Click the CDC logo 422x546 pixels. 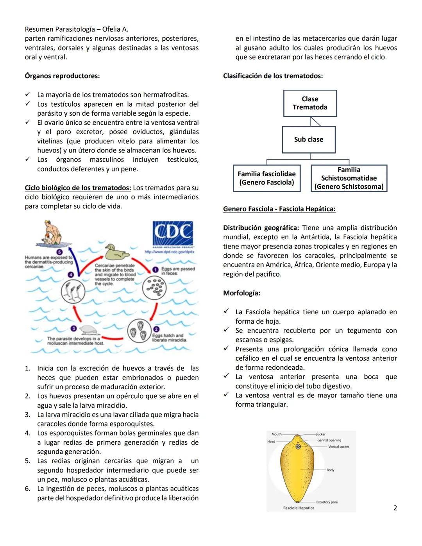coord(172,234)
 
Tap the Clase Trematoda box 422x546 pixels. coord(310,103)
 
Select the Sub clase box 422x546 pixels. coord(309,140)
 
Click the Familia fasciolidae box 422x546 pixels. coord(266,178)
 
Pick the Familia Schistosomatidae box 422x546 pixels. coord(349,178)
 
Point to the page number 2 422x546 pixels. coord(395,508)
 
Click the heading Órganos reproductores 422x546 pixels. coord(62,76)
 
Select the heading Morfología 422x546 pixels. coord(241,293)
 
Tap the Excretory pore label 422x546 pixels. coord(327,502)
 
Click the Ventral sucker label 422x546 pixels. coord(339,446)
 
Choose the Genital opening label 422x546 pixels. coord(329,440)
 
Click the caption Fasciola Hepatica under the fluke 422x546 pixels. coord(299,508)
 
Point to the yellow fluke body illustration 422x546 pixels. coord(298,469)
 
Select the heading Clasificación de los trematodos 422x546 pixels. coord(273,76)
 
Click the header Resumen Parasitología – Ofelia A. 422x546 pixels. coord(77,29)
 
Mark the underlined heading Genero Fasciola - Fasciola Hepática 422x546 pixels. coord(279,209)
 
